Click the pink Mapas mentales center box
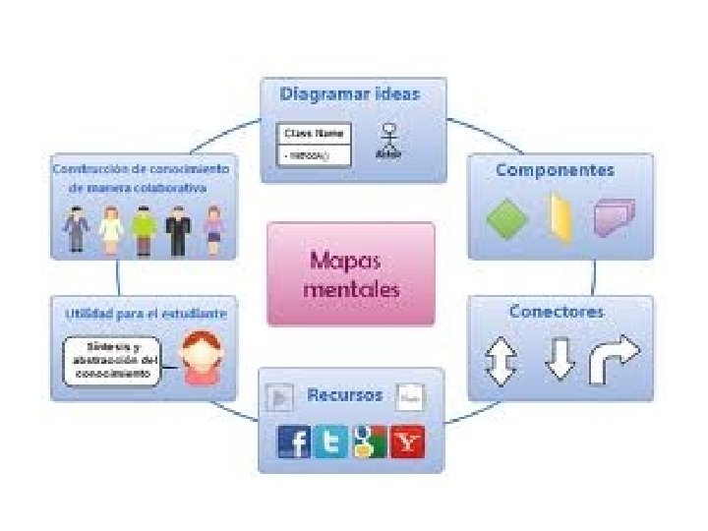[350, 273]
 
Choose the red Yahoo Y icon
[407, 442]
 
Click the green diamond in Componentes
[507, 219]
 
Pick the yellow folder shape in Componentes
[560, 218]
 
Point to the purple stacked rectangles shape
[615, 217]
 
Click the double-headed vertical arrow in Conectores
[501, 361]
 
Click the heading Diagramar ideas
[350, 94]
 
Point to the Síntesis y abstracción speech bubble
[110, 361]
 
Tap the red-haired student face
[202, 358]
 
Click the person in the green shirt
[144, 228]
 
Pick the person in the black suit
[178, 229]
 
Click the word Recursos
[344, 395]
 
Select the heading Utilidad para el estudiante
[145, 314]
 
